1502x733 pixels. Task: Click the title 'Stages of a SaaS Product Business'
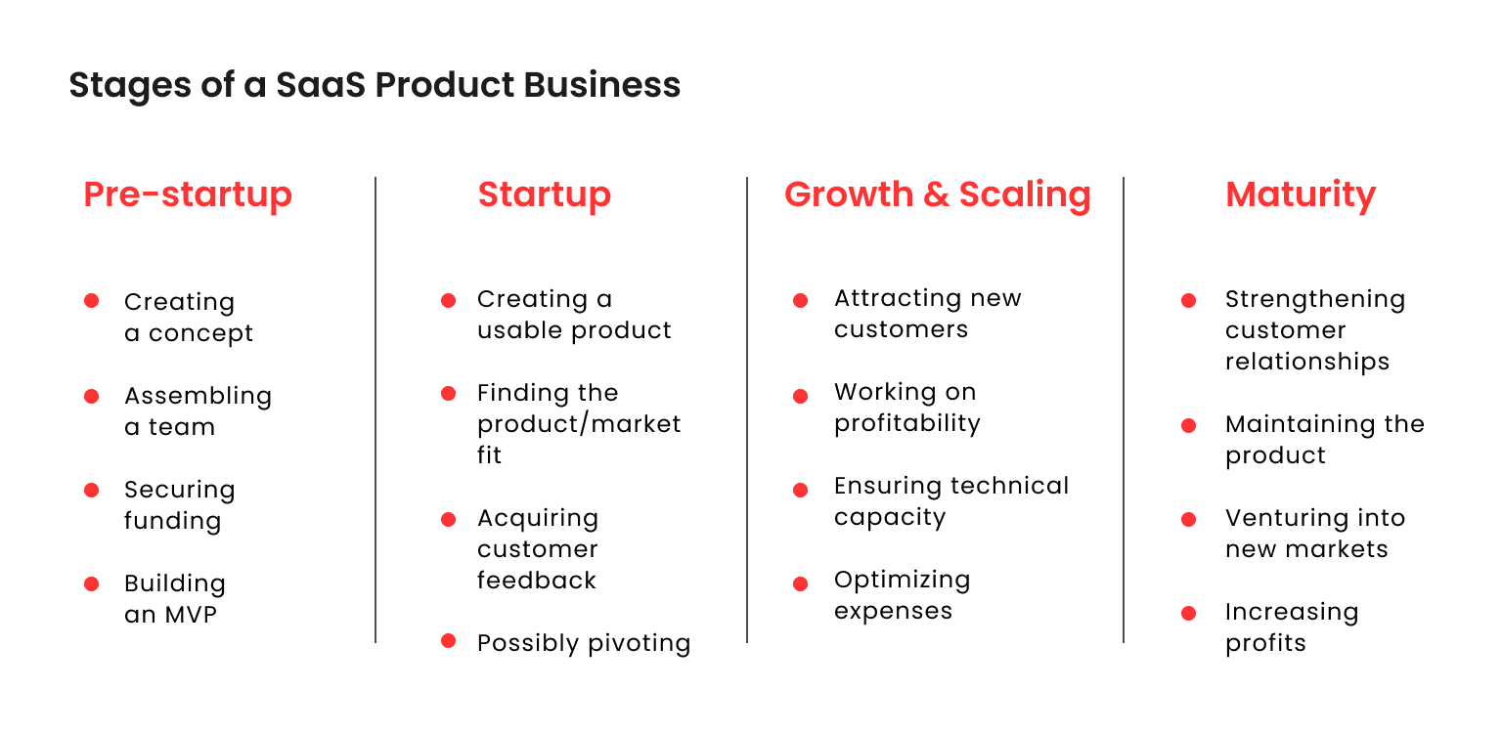coord(375,85)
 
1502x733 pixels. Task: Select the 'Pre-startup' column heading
coord(188,194)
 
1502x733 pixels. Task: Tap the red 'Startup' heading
coord(544,194)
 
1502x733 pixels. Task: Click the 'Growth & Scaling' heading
coord(937,194)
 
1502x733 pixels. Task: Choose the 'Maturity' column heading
coord(1300,194)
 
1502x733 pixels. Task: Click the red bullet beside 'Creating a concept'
coord(92,301)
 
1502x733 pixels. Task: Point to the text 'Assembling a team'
coord(198,411)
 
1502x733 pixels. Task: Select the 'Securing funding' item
coord(179,505)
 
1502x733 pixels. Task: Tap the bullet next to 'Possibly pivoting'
coord(449,641)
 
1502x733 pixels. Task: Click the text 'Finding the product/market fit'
coord(578,424)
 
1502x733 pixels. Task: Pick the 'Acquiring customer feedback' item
coord(537,549)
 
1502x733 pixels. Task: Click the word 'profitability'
coord(906,423)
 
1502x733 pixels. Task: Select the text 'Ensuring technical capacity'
coord(950,501)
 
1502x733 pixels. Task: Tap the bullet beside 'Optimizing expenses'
coord(800,583)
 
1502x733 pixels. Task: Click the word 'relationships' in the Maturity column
coord(1306,362)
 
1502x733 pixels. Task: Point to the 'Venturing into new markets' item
coord(1314,534)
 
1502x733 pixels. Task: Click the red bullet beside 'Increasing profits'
coord(1189,614)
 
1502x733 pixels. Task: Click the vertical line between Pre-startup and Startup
coord(375,410)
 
